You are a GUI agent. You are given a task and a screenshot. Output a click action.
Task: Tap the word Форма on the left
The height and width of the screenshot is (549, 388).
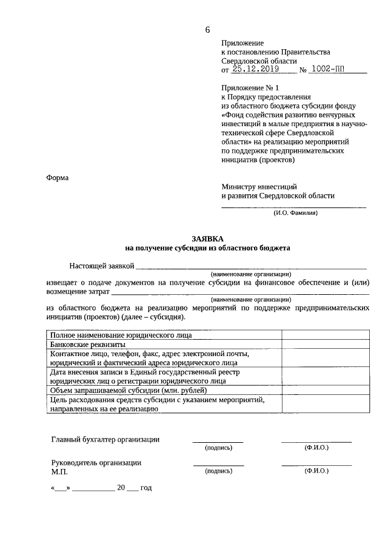tap(58, 178)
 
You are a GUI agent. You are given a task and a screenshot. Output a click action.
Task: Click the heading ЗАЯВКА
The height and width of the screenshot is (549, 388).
tap(207, 239)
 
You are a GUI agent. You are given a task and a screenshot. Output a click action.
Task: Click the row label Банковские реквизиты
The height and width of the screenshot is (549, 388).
tap(84, 344)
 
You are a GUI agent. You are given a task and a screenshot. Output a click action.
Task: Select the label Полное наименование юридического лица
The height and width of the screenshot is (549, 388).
tap(121, 335)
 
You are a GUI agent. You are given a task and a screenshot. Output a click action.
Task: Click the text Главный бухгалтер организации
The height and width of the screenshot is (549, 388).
tap(105, 440)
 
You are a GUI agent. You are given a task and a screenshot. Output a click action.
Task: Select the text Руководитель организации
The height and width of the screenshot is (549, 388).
tap(96, 462)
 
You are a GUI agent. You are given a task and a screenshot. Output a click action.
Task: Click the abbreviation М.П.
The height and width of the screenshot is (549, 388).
tap(60, 471)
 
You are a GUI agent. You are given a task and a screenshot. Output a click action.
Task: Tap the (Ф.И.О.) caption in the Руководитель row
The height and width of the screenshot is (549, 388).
tap(316, 471)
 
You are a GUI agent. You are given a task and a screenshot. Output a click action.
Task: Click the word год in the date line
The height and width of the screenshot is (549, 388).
tap(146, 488)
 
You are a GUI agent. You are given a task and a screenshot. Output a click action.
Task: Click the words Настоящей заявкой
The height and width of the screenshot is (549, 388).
tap(102, 266)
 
